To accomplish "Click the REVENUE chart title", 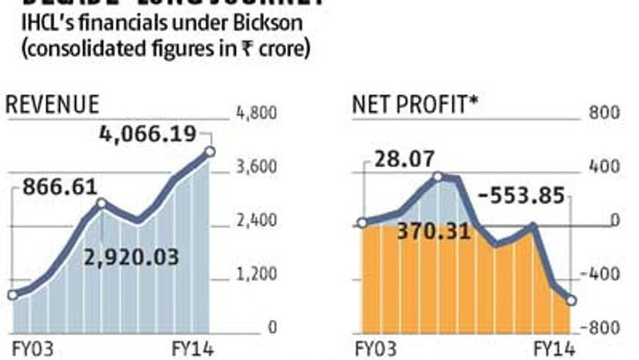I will click(x=53, y=106).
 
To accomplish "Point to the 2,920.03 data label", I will click(x=132, y=256).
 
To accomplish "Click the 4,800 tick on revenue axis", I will click(x=256, y=114).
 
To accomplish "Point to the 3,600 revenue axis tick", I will click(x=256, y=168).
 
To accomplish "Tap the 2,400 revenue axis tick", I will click(x=256, y=221).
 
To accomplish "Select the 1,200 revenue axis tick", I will click(x=256, y=275).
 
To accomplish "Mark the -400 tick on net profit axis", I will click(x=604, y=275).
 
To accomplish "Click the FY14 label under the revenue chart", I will click(x=192, y=348).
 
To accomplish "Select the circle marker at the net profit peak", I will click(x=438, y=177).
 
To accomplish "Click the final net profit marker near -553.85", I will click(x=571, y=300).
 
